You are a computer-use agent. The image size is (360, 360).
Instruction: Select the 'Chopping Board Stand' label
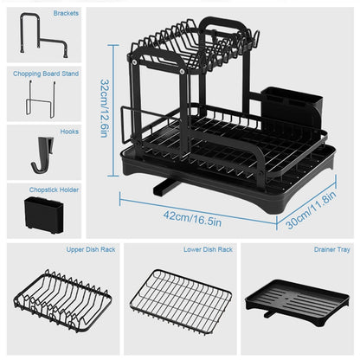click(x=45, y=74)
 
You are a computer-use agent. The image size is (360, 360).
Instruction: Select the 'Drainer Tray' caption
click(x=331, y=249)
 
